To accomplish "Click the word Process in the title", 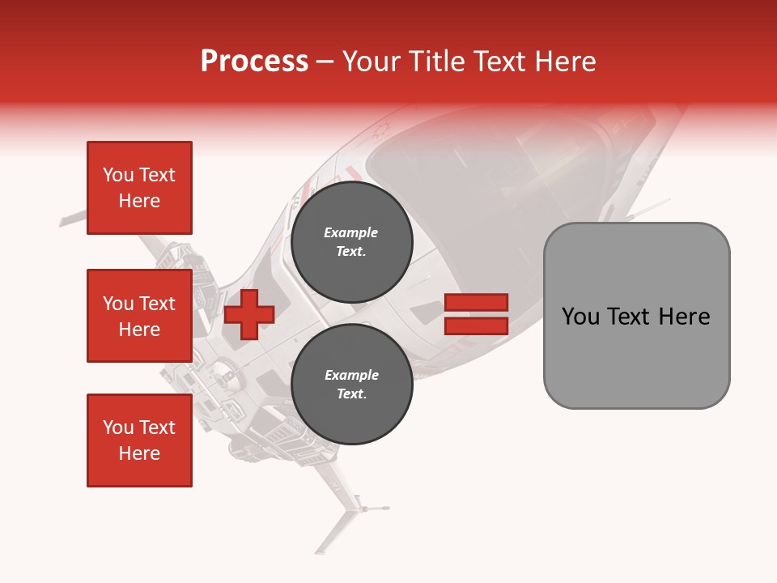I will coord(254,62).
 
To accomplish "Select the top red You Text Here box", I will coord(139,188).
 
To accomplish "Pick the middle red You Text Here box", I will coord(139,316).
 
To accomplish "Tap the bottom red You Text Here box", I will coord(139,440).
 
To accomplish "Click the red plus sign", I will coord(249,314).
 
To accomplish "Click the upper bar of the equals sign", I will coord(476,302).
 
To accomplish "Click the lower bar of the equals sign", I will coord(476,326).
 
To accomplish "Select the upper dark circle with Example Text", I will coord(351,242).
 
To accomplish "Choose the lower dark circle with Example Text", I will coord(351,385).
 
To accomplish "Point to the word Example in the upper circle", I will coord(350,232).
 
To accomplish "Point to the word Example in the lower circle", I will coord(351,375).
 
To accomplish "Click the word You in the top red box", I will coord(118,175).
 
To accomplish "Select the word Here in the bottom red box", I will coord(139,453).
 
